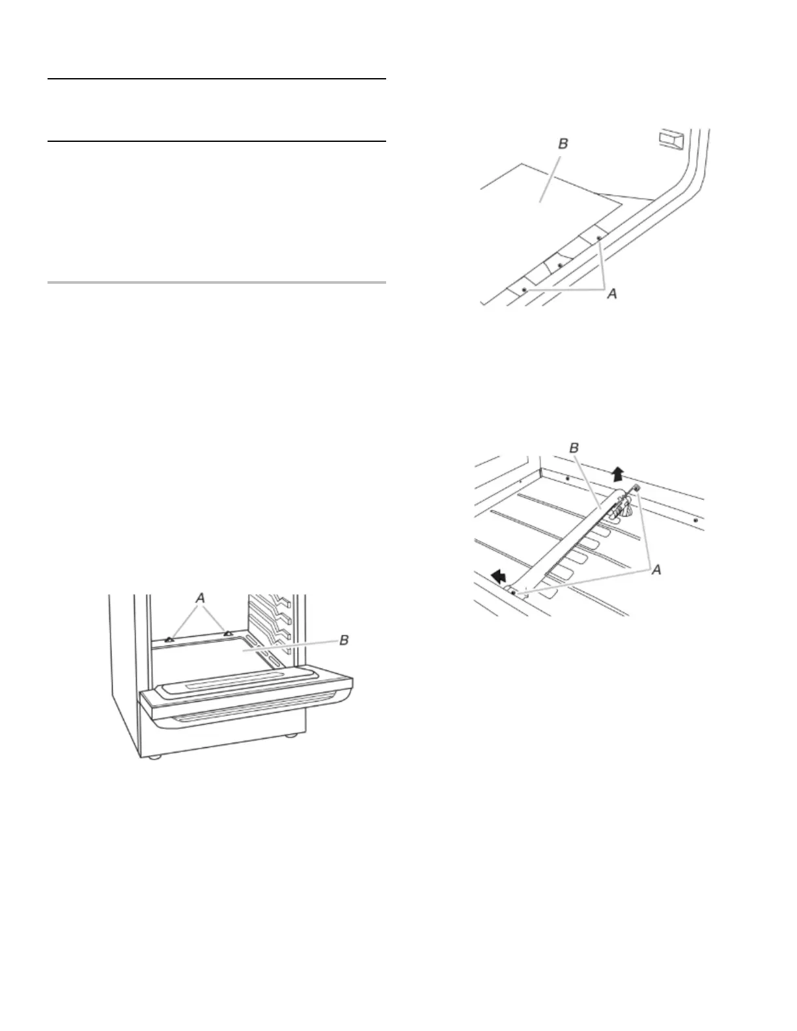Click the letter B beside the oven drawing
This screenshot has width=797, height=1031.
click(344, 640)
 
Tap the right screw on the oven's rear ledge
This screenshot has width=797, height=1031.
click(227, 633)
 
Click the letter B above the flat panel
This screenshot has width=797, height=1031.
click(563, 143)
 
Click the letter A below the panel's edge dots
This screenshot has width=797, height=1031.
click(612, 295)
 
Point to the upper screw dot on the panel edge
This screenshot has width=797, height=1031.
click(599, 239)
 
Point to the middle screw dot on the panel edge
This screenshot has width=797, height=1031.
click(561, 266)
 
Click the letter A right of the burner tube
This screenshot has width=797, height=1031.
click(656, 570)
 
